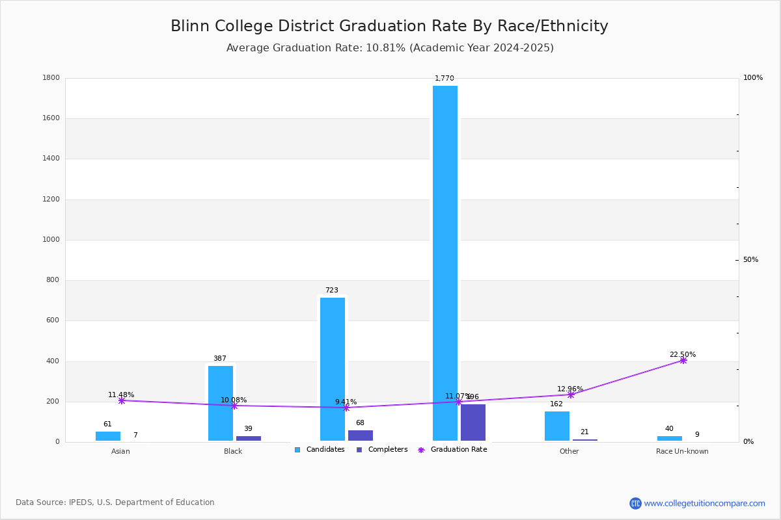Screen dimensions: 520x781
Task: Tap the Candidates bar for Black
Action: [x=221, y=403]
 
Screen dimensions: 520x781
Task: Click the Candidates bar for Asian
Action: [x=108, y=436]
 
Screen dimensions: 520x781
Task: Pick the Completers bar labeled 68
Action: [x=361, y=435]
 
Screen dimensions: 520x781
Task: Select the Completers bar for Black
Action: [x=249, y=438]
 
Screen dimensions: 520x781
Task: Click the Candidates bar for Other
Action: [x=557, y=426]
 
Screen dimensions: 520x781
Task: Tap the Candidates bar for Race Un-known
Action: [x=670, y=438]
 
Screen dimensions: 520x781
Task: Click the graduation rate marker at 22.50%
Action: [x=683, y=360]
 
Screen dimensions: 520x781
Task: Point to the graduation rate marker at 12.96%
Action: [x=571, y=395]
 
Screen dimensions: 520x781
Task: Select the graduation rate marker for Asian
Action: [x=122, y=400]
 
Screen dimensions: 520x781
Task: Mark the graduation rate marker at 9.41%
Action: [x=346, y=408]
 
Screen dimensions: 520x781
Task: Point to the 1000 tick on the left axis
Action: [x=52, y=240]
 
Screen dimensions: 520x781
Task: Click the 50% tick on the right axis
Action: [x=750, y=260]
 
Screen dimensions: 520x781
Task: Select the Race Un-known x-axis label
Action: [x=682, y=451]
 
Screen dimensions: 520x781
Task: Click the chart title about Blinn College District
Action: [x=389, y=26]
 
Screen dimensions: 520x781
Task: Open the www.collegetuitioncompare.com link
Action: [x=704, y=503]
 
